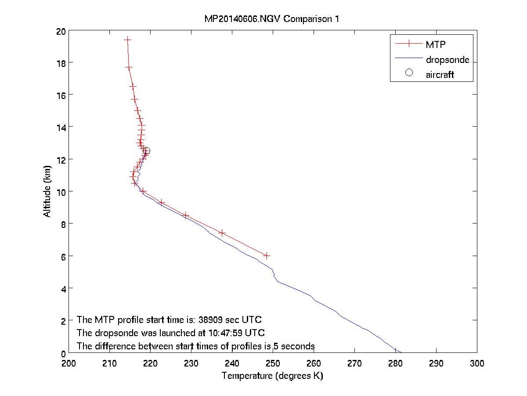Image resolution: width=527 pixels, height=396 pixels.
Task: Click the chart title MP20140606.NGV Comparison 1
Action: point(271,19)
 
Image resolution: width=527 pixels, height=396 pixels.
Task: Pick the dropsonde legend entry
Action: point(447,60)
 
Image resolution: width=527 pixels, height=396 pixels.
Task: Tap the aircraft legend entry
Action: point(440,74)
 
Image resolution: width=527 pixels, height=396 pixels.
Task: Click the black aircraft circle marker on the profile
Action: point(146,151)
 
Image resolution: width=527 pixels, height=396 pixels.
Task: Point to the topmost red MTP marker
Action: point(127,40)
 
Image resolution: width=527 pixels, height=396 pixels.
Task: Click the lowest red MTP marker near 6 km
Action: point(267,256)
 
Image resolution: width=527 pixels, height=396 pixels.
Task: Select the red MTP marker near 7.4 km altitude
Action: point(222,233)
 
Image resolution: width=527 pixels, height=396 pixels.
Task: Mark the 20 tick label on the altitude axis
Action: point(61,31)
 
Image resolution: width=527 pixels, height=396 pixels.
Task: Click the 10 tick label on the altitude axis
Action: point(61,191)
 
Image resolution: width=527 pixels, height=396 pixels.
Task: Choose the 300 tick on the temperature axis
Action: point(476,363)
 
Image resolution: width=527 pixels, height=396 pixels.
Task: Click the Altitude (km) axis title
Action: point(47,191)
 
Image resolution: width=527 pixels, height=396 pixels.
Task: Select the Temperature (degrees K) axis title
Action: point(272,376)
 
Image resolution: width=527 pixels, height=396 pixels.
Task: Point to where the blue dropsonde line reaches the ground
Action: point(401,352)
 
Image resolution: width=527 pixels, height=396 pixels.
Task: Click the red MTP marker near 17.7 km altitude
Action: point(129,67)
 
